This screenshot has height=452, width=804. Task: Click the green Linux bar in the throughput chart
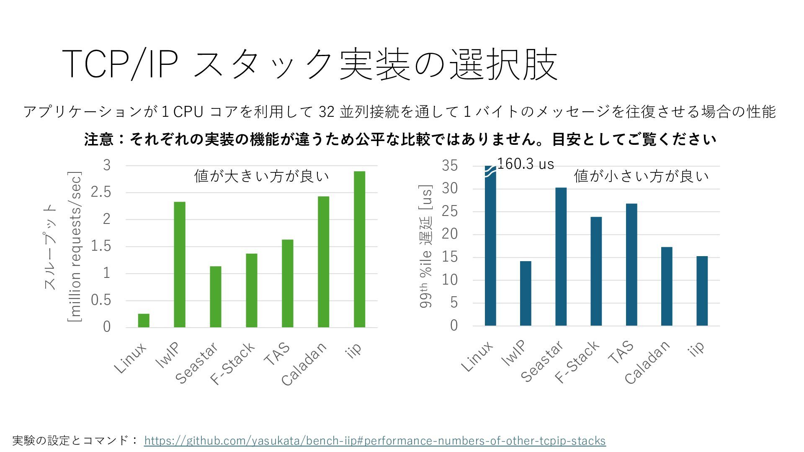144,321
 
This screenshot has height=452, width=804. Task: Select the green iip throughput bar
359,249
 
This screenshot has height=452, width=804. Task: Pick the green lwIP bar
180,265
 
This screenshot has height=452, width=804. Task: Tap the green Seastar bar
216,297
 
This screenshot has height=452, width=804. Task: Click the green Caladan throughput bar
323,262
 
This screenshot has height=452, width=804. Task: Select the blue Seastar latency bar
561,257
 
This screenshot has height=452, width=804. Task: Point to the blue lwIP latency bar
526,293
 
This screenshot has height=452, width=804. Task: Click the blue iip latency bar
702,291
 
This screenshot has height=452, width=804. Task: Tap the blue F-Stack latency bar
596,271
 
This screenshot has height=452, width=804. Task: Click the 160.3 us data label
526,164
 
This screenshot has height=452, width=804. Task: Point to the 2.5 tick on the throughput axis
101,193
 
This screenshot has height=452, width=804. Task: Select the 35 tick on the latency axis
450,166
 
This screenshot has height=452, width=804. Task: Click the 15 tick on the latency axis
450,257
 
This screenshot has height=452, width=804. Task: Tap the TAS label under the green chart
278,354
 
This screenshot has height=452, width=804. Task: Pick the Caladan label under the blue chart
647,363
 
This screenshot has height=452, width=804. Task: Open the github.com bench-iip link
375,441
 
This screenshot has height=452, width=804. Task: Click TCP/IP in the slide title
118,64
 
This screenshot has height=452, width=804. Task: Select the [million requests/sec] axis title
75,247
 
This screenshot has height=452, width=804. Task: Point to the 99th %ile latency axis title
426,247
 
